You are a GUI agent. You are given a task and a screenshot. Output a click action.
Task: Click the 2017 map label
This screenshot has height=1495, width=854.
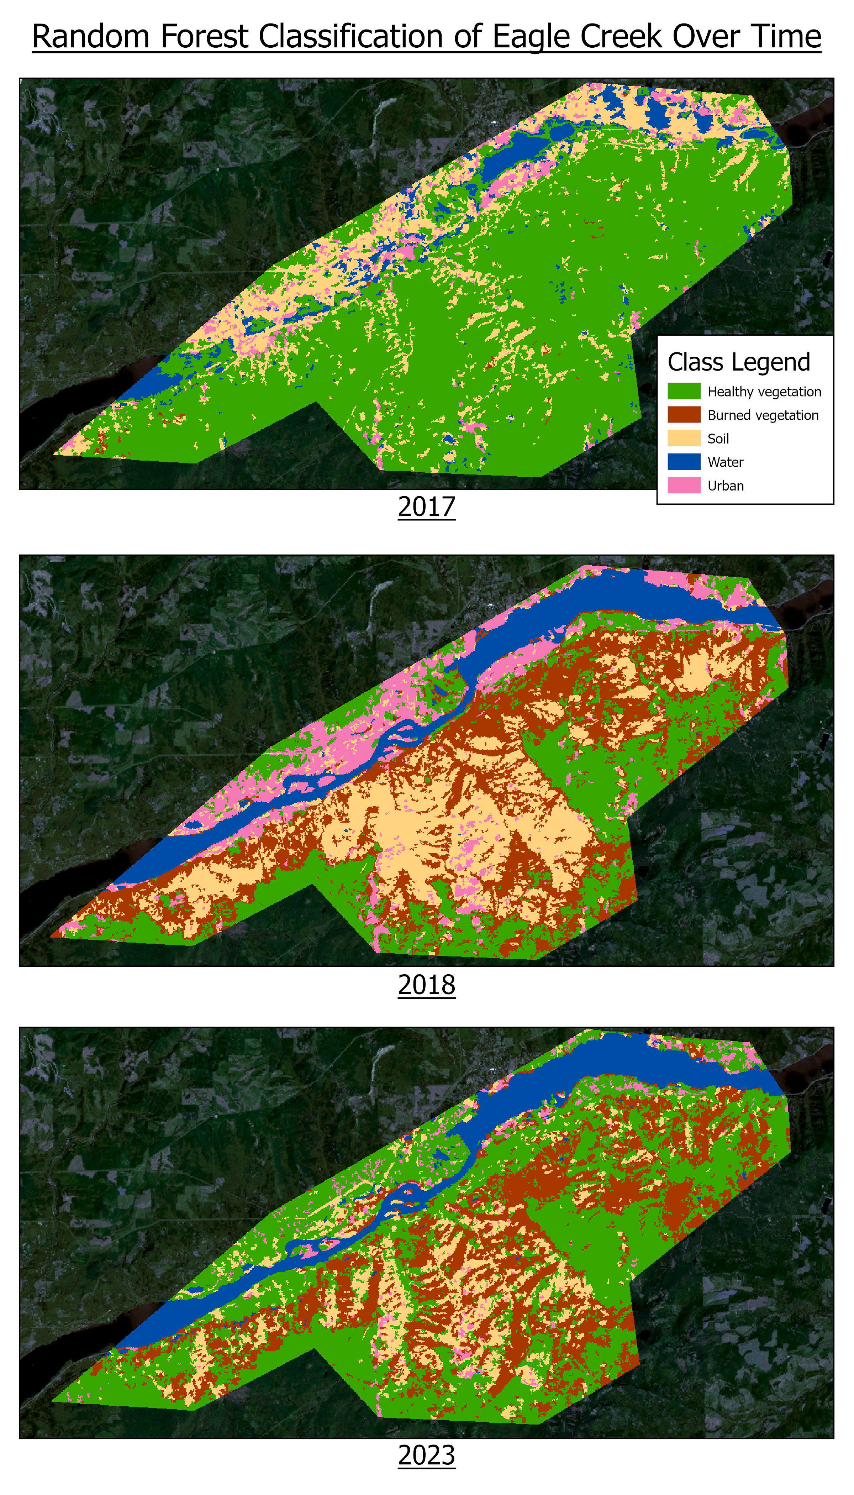(426, 507)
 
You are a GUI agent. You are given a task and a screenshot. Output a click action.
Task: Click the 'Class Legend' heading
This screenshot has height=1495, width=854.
(738, 362)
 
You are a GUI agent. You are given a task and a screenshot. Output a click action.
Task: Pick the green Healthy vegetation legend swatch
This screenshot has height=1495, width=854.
(684, 391)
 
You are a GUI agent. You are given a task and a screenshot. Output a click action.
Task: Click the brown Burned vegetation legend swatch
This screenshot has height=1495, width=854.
(684, 415)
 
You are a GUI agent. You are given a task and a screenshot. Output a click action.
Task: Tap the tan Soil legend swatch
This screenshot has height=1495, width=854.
(684, 438)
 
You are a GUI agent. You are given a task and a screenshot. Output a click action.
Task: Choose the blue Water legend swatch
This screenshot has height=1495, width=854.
(684, 462)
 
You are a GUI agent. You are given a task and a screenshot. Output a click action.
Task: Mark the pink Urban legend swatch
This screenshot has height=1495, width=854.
(684, 485)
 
